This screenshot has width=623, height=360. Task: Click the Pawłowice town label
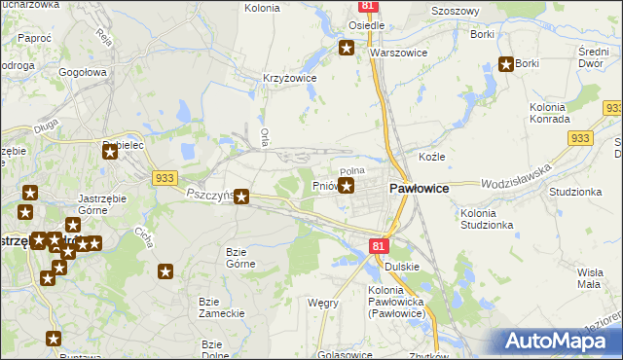(x=419, y=190)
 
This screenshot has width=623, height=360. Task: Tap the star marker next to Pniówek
(x=346, y=185)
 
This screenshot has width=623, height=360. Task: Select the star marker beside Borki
(x=507, y=65)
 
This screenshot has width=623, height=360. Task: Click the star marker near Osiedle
(x=346, y=48)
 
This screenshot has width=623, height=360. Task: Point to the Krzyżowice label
(x=290, y=77)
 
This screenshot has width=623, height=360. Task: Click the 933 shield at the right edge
(x=611, y=108)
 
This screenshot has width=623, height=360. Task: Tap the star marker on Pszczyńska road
(x=242, y=198)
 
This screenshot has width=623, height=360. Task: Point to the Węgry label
(x=323, y=303)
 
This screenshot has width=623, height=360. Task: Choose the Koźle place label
(x=431, y=157)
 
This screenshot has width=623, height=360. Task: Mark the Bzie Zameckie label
(x=221, y=306)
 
